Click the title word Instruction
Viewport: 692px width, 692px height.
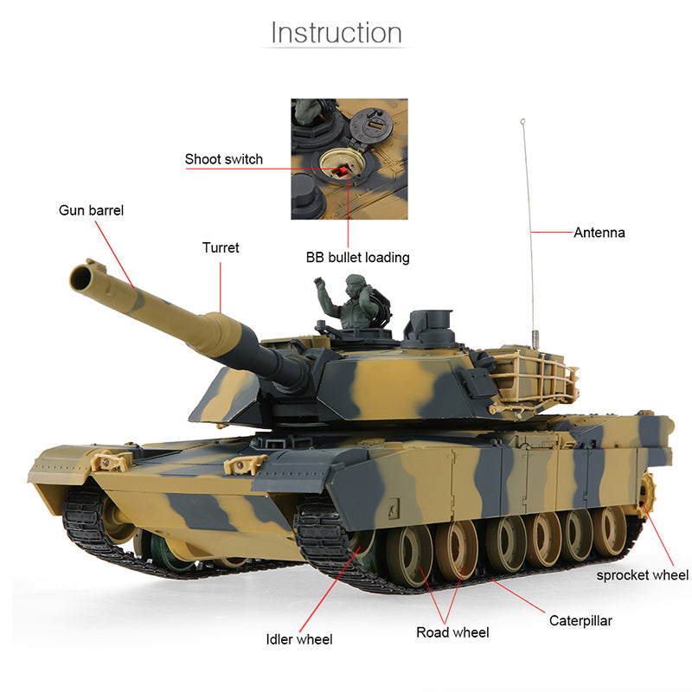pos(336,33)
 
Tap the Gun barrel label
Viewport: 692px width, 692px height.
pos(91,210)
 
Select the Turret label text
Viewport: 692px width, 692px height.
pos(221,248)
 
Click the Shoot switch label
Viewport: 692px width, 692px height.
pos(224,159)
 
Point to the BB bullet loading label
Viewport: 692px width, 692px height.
pos(357,257)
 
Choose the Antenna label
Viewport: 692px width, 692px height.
pos(599,232)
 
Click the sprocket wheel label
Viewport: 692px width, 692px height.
pos(642,574)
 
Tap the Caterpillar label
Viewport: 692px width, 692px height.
pos(580,620)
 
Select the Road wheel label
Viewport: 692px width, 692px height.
pos(452,632)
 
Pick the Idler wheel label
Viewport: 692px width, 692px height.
pos(299,639)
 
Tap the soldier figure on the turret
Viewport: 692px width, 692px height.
pos(352,302)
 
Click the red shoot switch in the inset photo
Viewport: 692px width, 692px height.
pos(343,174)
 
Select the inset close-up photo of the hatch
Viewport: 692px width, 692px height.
pos(349,158)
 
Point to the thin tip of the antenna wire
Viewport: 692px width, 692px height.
pos(522,121)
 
